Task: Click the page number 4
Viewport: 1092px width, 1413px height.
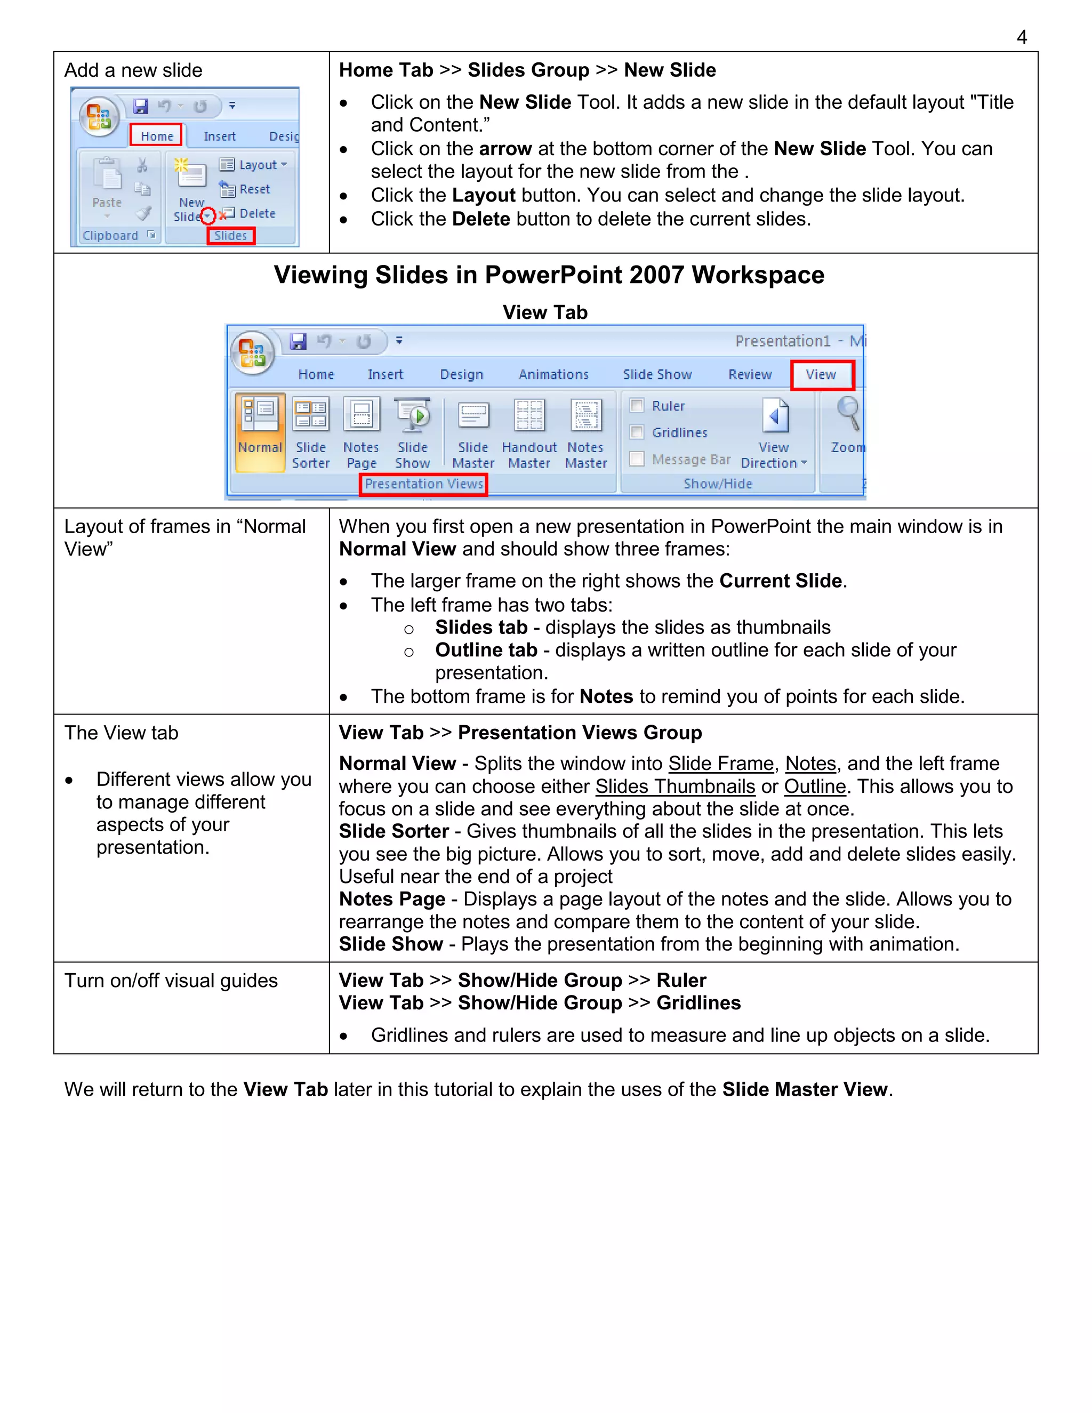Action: (x=1022, y=37)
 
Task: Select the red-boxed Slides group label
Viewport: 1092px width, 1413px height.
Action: (x=230, y=236)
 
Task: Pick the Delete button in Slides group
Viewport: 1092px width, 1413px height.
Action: (x=248, y=213)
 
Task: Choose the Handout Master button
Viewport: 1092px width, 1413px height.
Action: (x=528, y=430)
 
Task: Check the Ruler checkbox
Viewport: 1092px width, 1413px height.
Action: (x=637, y=406)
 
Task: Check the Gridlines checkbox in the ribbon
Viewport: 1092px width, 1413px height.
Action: (x=637, y=432)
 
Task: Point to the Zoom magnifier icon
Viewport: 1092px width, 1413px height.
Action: (x=847, y=413)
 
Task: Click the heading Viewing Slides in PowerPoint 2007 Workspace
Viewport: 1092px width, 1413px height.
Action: (x=549, y=275)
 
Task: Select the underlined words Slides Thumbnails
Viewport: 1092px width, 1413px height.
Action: (x=675, y=786)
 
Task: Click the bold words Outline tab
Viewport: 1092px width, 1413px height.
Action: (x=486, y=650)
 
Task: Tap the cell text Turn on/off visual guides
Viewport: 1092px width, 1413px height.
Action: (x=171, y=981)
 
